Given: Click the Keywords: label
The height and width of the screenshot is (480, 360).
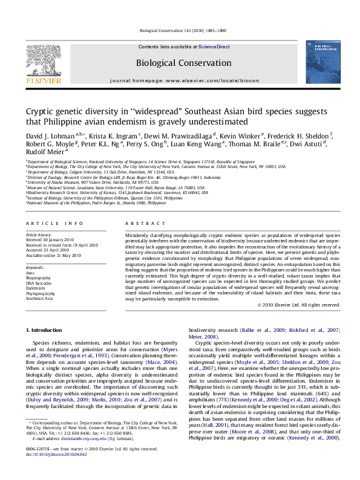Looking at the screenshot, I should tap(34, 250).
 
